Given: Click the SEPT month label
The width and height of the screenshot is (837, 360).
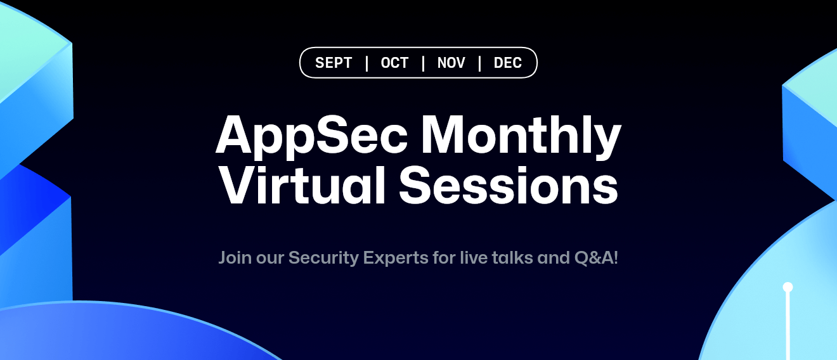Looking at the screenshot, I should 334,63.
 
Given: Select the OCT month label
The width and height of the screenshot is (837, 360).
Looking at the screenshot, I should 394,63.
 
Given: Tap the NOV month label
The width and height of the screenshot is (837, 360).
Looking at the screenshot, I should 451,63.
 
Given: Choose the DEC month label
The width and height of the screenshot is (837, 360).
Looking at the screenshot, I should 507,63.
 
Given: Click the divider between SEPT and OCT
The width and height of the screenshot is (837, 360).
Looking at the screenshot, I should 367,63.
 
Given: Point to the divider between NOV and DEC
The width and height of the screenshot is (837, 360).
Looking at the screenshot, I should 480,63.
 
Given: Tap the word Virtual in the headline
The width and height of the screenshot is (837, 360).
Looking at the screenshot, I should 302,185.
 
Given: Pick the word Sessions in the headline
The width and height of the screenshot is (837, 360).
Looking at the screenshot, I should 508,185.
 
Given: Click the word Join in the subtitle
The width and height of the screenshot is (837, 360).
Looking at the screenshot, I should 235,259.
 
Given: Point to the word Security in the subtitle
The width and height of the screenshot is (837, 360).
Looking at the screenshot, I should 323,259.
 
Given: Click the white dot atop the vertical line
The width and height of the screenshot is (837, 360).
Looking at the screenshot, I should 788,287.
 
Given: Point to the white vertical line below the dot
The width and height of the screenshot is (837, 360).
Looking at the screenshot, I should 788,326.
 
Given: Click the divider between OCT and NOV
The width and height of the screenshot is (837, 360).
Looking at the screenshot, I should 423,63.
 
